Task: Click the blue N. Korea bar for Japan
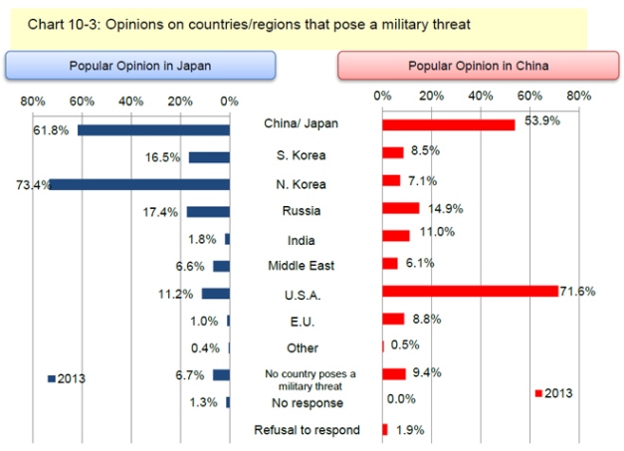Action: click(x=139, y=184)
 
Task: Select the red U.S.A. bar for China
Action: click(x=470, y=291)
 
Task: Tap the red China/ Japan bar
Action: click(x=448, y=124)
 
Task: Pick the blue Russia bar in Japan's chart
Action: click(x=207, y=211)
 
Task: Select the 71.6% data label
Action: click(x=580, y=291)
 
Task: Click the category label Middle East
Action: click(x=301, y=266)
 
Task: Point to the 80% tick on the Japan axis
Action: click(x=33, y=101)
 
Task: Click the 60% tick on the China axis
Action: click(x=529, y=96)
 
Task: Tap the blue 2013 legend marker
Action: click(x=50, y=378)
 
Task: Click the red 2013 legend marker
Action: click(x=538, y=394)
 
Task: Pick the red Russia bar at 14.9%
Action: click(x=400, y=208)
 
